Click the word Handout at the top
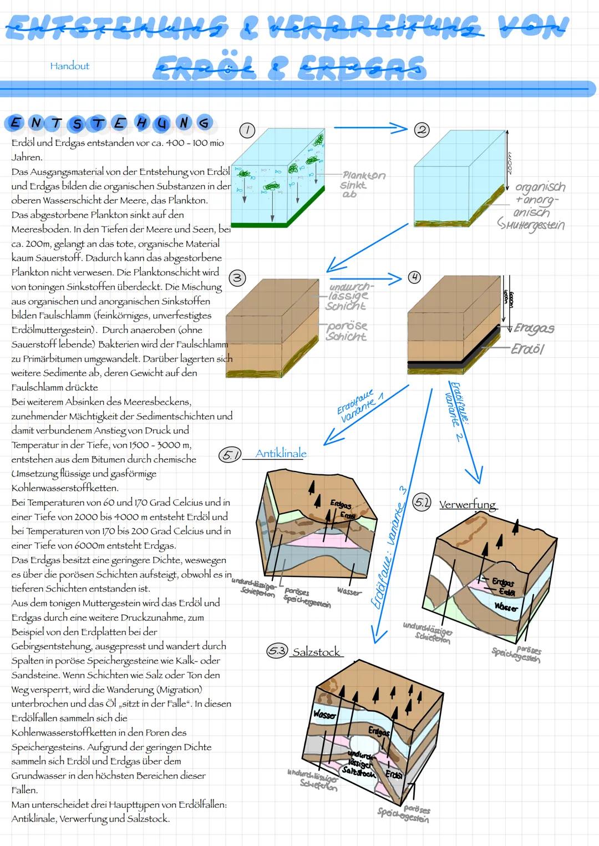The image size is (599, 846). (69, 66)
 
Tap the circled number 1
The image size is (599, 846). (247, 130)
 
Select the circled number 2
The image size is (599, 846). (422, 130)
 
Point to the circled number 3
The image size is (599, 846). (237, 278)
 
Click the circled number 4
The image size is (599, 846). (414, 277)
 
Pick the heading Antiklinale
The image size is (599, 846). (281, 454)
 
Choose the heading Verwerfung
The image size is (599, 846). (468, 505)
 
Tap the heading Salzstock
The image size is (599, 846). (316, 652)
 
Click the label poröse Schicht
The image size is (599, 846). (347, 331)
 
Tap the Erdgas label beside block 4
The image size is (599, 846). (534, 328)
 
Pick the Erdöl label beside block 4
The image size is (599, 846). (527, 349)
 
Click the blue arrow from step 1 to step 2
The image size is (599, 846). (370, 128)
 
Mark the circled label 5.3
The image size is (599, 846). (277, 652)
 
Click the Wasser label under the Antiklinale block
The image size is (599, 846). (349, 592)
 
